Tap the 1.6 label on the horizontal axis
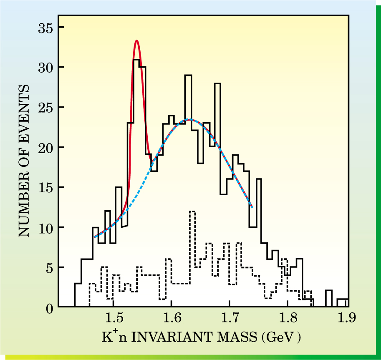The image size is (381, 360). click(x=172, y=320)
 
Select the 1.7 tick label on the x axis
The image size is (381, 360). click(x=230, y=320)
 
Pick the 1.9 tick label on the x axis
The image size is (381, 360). click(x=346, y=320)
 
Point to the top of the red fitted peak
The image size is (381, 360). click(x=136, y=40)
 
